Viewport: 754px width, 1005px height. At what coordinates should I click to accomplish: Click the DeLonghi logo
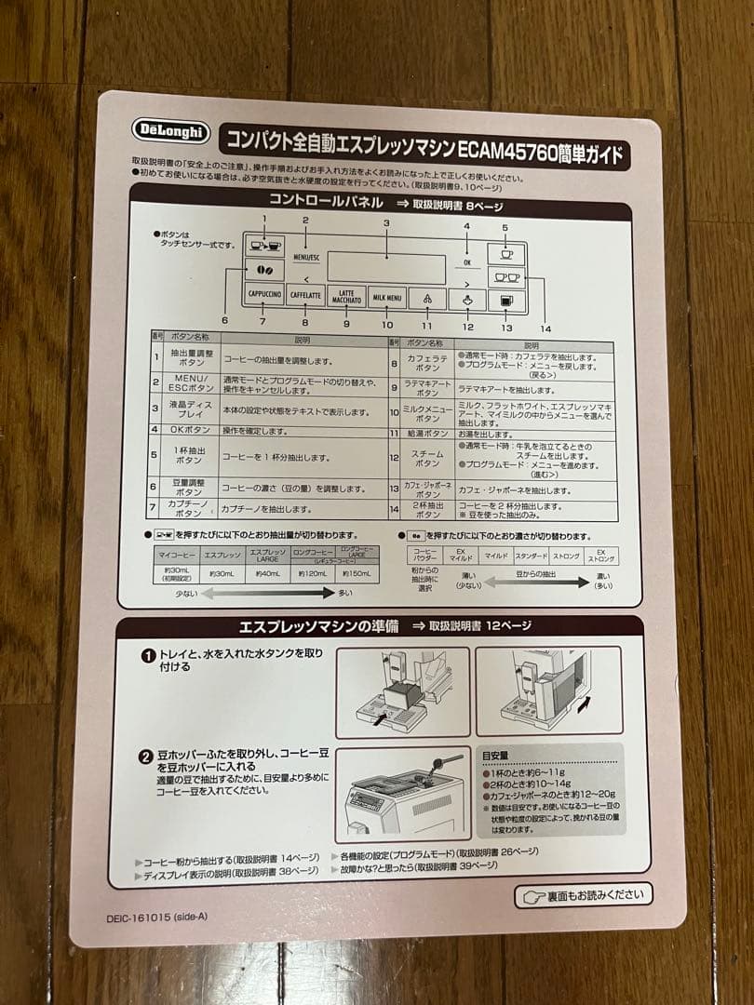point(171,130)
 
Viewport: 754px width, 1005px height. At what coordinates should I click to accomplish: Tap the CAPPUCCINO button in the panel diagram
point(264,295)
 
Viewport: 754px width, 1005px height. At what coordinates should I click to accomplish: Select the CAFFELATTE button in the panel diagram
point(306,296)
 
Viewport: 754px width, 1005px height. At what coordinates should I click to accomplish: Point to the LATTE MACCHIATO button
point(346,296)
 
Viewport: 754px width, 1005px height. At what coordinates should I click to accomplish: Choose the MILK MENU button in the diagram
point(387,298)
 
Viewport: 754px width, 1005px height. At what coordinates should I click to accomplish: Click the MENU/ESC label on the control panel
point(305,256)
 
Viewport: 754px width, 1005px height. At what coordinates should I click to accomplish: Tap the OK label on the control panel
point(466,262)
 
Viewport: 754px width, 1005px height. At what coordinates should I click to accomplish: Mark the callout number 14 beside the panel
point(545,328)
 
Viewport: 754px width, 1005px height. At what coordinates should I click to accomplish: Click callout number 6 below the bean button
point(224,320)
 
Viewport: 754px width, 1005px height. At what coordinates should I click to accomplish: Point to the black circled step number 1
point(146,655)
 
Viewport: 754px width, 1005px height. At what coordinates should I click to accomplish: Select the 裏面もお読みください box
point(584,896)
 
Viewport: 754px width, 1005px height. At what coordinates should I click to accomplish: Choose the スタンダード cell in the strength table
point(532,556)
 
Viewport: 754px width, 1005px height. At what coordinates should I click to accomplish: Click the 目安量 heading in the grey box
point(494,756)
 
